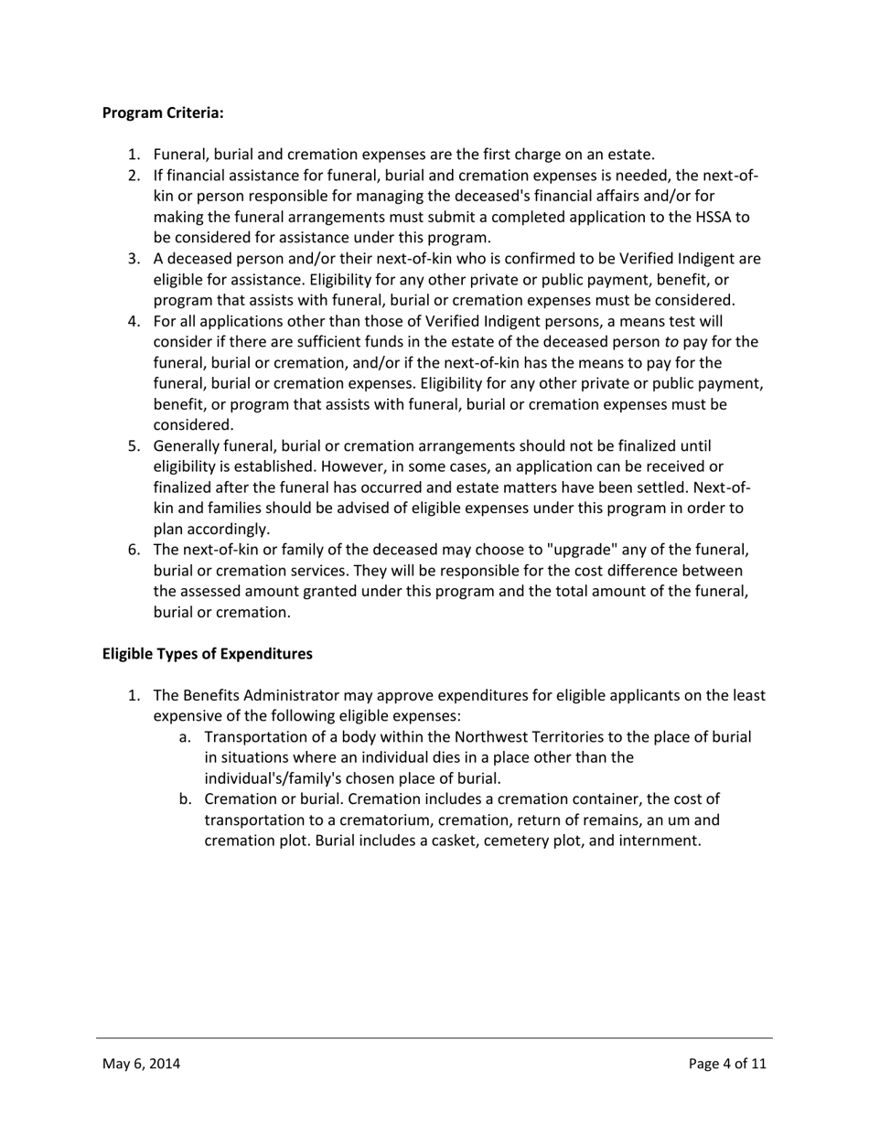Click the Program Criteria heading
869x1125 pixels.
click(163, 112)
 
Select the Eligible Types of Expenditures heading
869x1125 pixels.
click(207, 654)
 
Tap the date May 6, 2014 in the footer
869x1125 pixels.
click(141, 1063)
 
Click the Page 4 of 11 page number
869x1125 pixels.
click(727, 1063)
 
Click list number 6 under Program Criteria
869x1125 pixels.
click(134, 550)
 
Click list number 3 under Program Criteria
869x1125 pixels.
click(134, 259)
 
